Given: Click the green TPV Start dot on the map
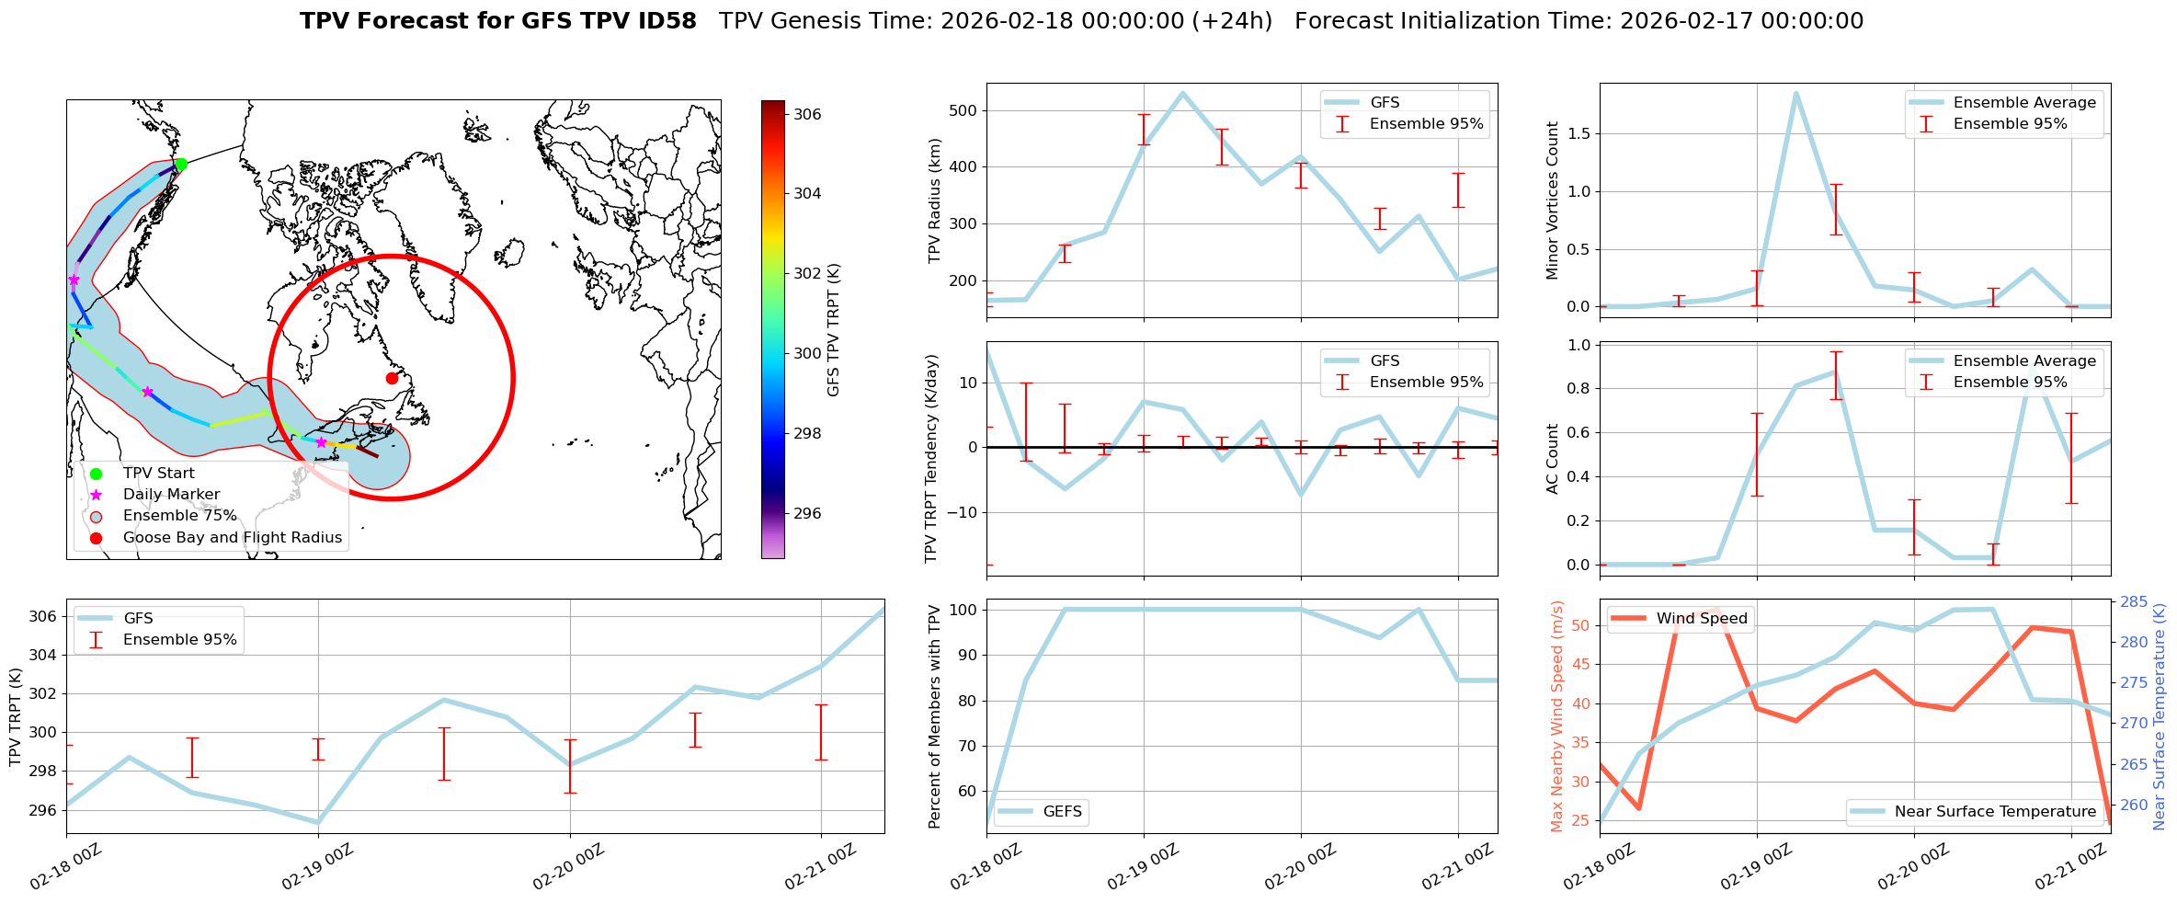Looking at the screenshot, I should point(181,165).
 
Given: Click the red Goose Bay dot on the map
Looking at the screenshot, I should point(392,378).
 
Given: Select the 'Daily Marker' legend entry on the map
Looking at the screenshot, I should point(171,495).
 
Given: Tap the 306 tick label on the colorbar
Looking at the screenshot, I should point(807,114).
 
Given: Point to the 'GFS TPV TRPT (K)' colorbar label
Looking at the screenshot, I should point(834,330).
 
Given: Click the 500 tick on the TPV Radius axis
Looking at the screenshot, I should point(963,110).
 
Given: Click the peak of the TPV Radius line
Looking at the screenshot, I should point(1182,93).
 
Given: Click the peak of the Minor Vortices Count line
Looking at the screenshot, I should point(1795,93).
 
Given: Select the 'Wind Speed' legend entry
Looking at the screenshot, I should point(1701,619).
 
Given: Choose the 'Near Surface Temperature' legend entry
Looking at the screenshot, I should point(1995,811).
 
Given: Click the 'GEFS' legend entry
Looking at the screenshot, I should point(1063,812).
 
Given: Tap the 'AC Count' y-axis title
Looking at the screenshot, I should point(1553,458).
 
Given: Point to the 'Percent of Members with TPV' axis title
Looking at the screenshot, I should point(935,716).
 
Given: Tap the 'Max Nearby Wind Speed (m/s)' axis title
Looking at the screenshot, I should point(1556,716).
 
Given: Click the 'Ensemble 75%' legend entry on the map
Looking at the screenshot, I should point(179,516).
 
